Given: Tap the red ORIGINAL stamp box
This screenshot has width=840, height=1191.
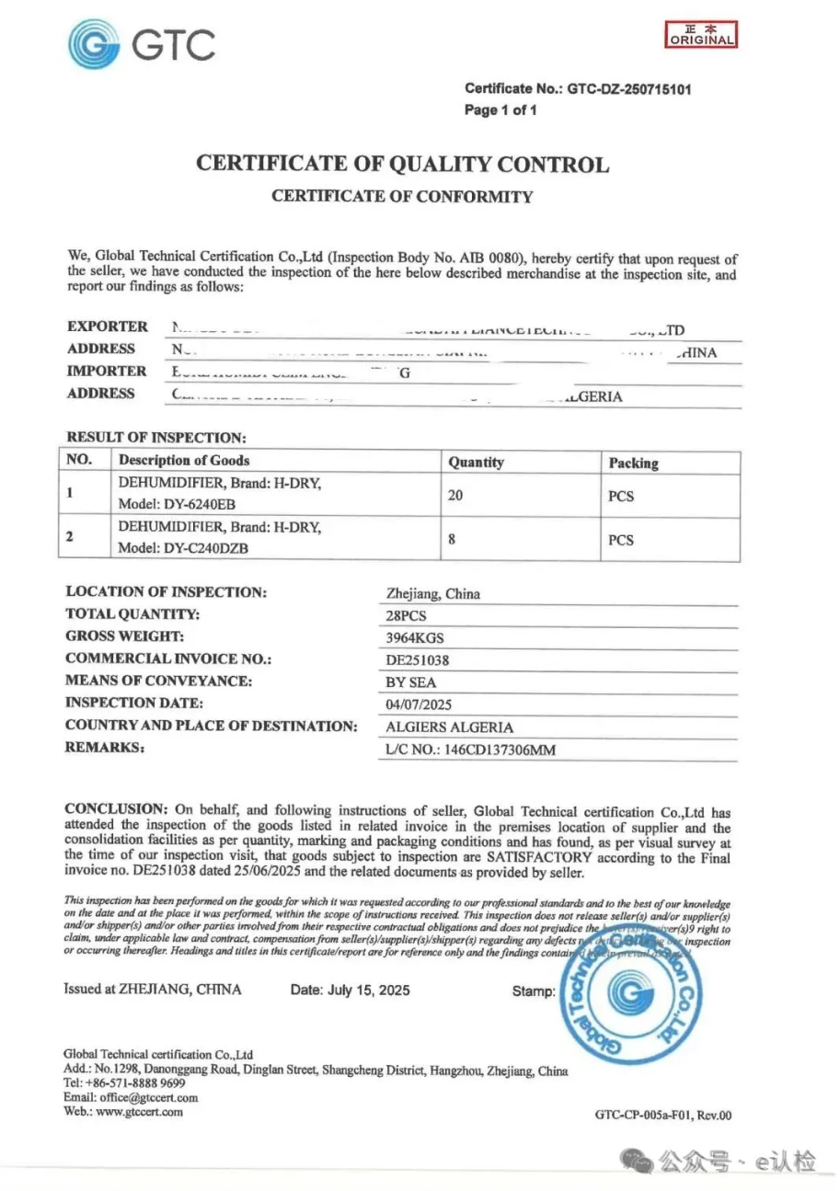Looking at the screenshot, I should [701, 35].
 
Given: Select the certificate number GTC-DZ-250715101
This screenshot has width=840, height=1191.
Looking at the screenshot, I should [628, 89].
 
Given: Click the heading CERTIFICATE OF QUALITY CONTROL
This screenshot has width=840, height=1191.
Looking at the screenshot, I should [402, 166].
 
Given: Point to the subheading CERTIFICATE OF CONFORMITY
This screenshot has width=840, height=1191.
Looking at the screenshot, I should [402, 196].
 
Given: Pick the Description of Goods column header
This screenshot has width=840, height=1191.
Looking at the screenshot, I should [184, 461].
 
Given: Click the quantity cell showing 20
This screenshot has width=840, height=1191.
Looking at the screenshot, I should [455, 495].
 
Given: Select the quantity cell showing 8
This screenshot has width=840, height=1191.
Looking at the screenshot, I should [452, 540].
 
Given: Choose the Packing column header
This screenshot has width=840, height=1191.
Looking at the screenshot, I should [634, 463].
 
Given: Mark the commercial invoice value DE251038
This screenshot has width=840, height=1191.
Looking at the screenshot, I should [418, 659].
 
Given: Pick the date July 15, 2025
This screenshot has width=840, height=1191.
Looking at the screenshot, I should [350, 991].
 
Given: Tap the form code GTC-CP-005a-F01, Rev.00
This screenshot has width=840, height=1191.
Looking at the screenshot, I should [663, 1117].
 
